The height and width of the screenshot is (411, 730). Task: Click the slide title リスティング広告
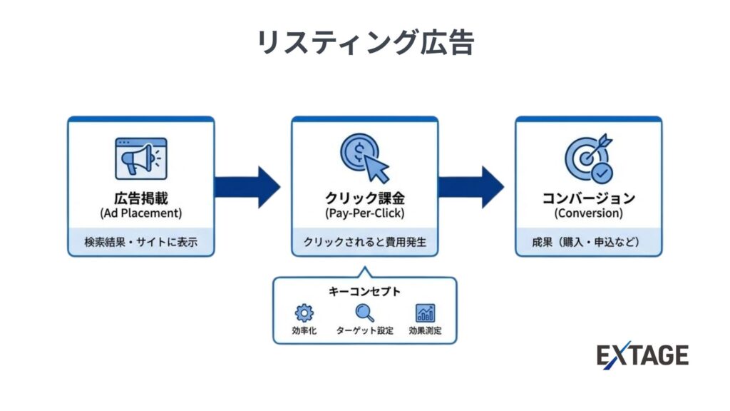point(364,43)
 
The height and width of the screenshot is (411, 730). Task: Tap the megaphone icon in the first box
point(140,158)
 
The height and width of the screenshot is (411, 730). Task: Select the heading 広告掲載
point(140,198)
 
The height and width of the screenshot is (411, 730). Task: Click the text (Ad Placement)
point(140,213)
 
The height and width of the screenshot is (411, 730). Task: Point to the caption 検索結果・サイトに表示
point(140,243)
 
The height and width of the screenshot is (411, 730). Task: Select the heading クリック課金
point(364,198)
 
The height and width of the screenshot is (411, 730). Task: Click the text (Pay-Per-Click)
point(364,213)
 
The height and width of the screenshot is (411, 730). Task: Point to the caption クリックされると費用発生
point(364,243)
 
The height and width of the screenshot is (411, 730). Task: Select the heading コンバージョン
point(588,198)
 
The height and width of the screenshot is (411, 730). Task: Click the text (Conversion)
point(588,213)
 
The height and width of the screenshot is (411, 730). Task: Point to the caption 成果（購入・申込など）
point(588,243)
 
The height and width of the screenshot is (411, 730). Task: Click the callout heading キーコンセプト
point(364,291)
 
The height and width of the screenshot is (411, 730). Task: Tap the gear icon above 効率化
point(304,313)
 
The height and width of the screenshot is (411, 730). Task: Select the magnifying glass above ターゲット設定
point(364,313)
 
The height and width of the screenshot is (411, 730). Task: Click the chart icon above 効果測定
point(426,313)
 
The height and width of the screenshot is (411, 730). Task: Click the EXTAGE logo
point(642,355)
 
